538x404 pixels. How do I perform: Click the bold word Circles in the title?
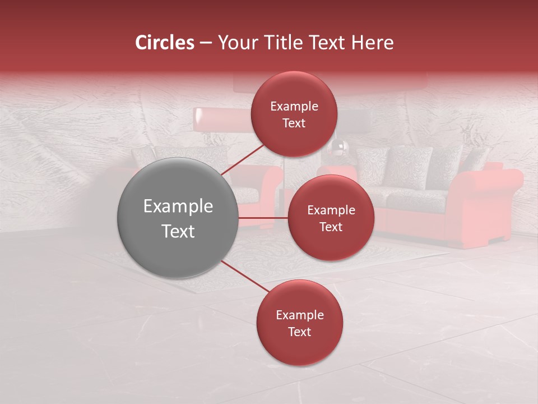coord(165,43)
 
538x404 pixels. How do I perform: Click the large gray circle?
coord(178,218)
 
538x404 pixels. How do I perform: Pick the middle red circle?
coord(331,218)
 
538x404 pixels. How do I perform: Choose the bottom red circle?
coord(299,323)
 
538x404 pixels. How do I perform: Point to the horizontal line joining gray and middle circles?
coord(263,218)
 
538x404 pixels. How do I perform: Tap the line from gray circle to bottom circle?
coord(245,276)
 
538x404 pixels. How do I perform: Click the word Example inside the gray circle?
coord(178,206)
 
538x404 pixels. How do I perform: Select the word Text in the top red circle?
coord(294,123)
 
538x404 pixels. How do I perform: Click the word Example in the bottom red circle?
coord(299,315)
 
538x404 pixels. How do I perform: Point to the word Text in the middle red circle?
coord(331,227)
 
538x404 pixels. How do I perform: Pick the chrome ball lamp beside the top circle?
coord(341,147)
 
